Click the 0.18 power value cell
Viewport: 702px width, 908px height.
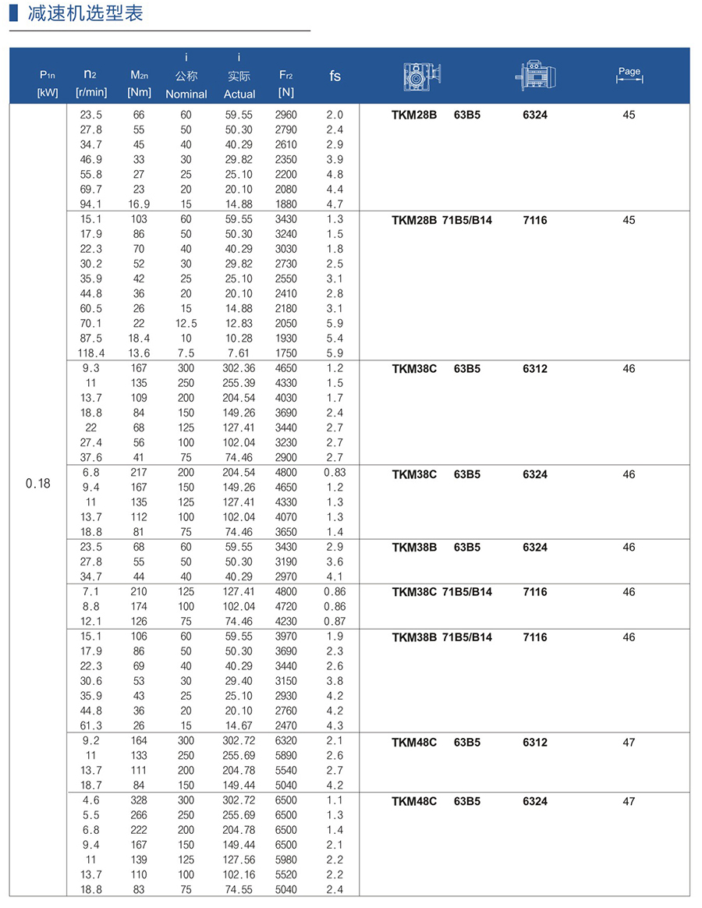37,484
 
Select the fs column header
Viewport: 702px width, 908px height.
335,76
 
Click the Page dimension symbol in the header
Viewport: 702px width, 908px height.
629,74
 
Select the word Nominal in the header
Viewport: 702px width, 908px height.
186,94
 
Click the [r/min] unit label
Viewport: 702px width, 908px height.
91,93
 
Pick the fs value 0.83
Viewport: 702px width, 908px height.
335,472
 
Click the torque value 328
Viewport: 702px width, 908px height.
139,800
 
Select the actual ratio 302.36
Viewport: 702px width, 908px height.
239,367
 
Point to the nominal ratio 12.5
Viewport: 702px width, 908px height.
186,323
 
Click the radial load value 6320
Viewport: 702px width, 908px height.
285,740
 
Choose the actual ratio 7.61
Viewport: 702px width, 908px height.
239,353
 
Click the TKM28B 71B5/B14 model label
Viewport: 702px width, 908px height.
441,220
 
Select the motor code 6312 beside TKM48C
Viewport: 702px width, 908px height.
535,743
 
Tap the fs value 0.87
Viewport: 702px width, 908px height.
335,621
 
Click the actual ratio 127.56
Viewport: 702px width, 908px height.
239,860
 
